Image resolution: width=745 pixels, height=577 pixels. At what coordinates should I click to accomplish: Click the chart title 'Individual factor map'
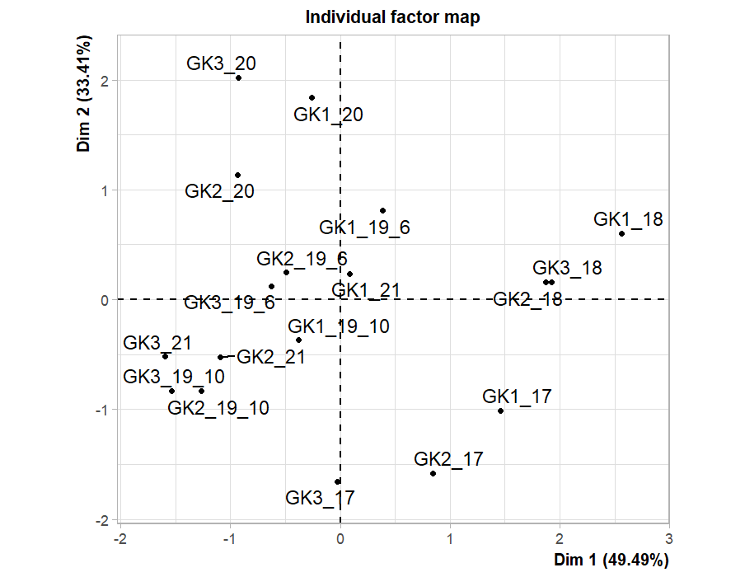pos(392,17)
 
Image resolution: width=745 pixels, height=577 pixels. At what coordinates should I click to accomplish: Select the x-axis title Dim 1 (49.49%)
pos(611,561)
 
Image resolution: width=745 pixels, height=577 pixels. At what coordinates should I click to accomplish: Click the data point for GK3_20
pos(238,78)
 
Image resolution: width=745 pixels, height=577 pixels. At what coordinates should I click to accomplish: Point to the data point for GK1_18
pos(621,233)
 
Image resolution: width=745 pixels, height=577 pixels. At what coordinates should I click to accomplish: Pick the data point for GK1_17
pos(500,410)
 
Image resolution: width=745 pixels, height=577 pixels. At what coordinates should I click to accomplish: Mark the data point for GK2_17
pos(433,473)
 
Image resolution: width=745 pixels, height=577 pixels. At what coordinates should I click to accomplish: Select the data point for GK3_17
pos(337,481)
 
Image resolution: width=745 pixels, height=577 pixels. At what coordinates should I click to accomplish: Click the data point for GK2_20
pos(237,175)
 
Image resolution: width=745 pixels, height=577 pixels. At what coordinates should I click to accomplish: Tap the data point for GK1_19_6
pos(382,210)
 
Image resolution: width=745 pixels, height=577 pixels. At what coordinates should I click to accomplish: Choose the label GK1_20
pos(328,115)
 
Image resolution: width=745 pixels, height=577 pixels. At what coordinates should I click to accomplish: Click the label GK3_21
pos(157,343)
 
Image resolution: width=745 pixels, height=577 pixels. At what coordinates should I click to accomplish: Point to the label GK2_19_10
pos(218,407)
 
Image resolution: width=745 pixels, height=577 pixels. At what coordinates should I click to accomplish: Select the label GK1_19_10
pos(339,326)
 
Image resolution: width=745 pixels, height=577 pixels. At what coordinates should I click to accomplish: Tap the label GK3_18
pos(567,268)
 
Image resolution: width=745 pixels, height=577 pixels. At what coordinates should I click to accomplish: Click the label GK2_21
pos(271,357)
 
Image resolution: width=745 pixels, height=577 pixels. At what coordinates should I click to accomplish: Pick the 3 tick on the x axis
pos(668,539)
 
